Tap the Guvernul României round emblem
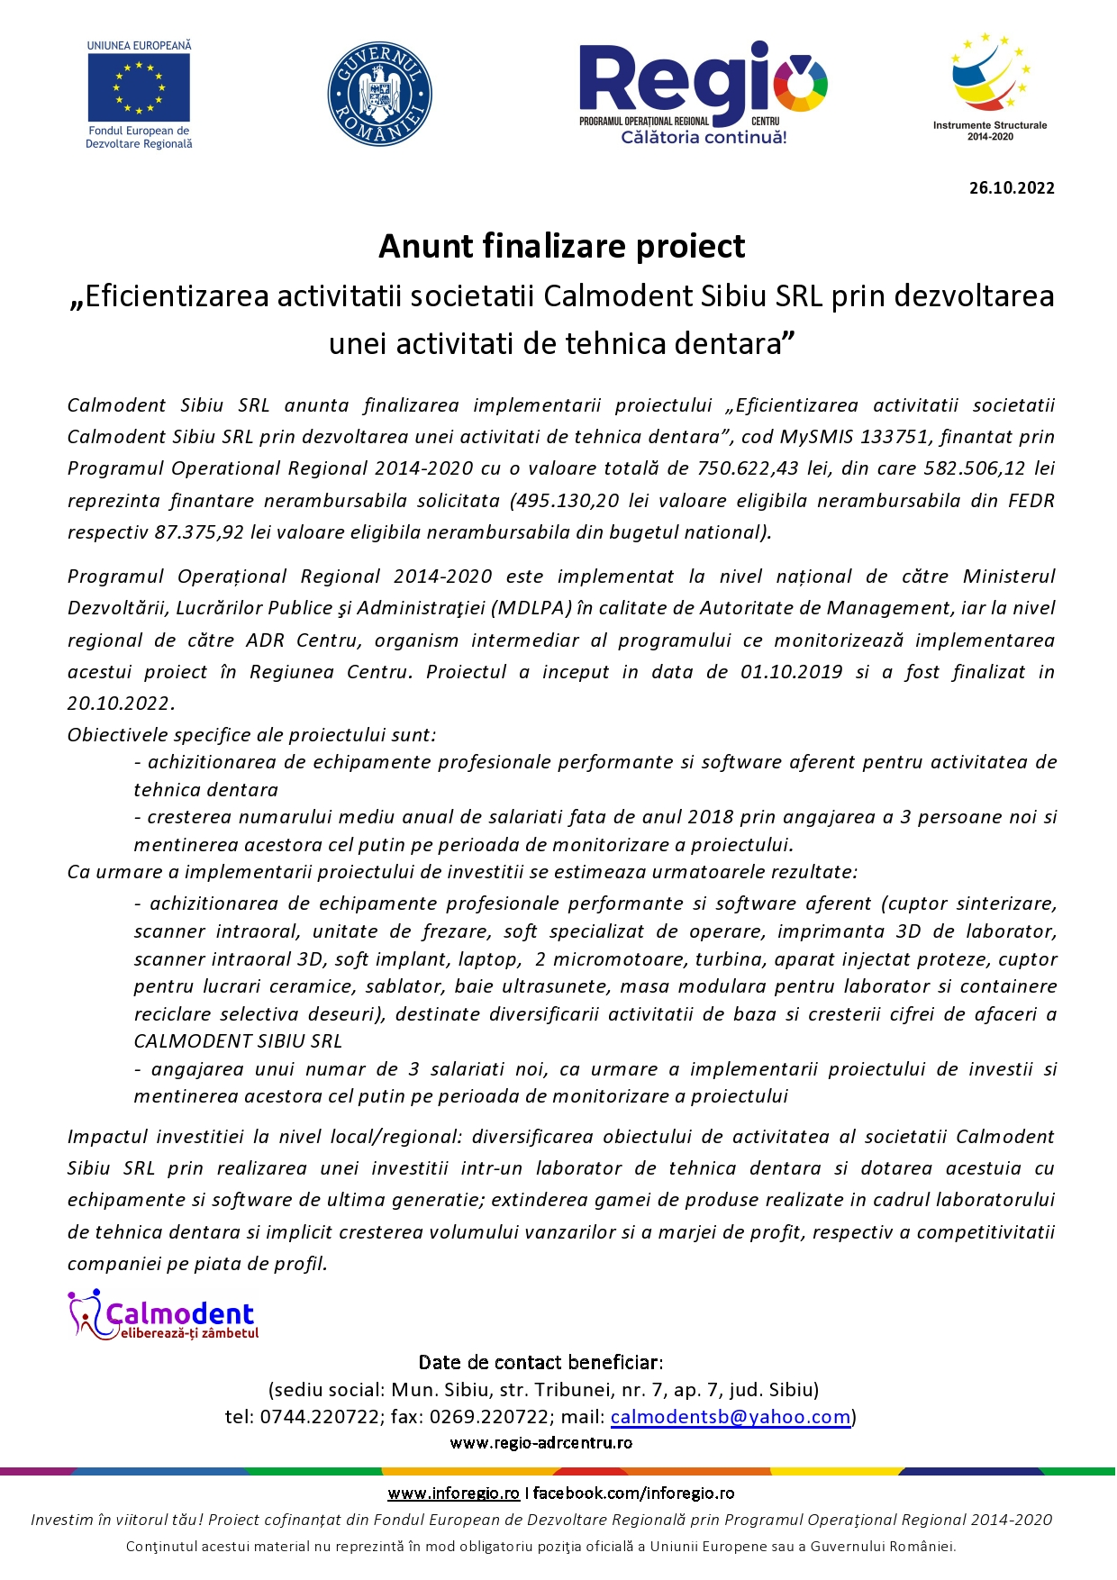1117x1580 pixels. [x=379, y=94]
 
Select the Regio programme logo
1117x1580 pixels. [x=703, y=93]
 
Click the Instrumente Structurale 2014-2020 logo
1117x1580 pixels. [x=990, y=86]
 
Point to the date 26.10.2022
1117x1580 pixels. [x=1012, y=188]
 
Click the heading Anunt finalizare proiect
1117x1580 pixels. [x=561, y=246]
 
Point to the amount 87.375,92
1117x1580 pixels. [x=199, y=532]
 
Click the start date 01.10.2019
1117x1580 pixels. [x=792, y=672]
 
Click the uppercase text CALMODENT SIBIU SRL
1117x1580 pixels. [x=238, y=1041]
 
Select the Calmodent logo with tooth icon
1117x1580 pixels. [x=163, y=1316]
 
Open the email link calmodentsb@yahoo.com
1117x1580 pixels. [x=731, y=1417]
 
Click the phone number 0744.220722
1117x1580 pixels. [x=320, y=1417]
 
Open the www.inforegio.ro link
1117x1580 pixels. [x=453, y=1494]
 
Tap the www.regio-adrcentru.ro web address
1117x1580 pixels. [x=540, y=1443]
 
